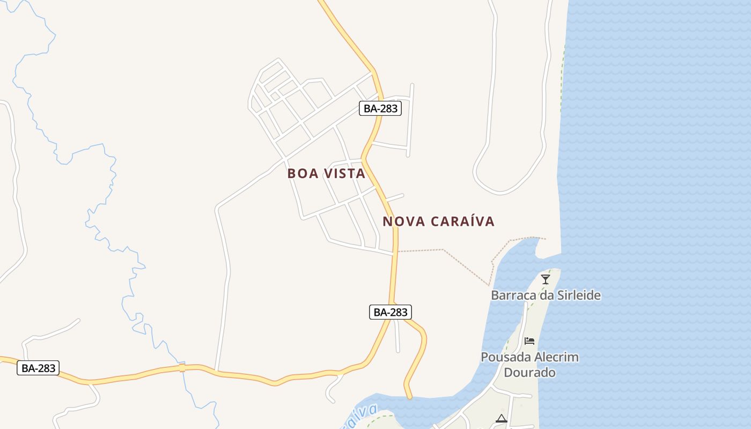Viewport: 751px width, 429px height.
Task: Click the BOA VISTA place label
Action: pos(326,174)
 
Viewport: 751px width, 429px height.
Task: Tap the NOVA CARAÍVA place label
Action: pos(438,221)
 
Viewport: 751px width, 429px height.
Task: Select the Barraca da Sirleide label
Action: pos(546,295)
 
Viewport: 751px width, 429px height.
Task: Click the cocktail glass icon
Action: pos(546,279)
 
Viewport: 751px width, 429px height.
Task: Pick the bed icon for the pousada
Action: pos(529,341)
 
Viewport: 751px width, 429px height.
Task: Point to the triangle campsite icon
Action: pos(502,419)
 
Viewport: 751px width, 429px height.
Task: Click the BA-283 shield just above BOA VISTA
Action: pos(380,108)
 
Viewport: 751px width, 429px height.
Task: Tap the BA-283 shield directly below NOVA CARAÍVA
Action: pos(391,312)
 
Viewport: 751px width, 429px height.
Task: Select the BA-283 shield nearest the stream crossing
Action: pos(38,368)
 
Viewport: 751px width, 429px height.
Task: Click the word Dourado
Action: pos(529,372)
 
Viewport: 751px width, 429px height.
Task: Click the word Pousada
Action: pos(503,357)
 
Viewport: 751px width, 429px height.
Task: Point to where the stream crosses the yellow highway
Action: pos(182,368)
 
